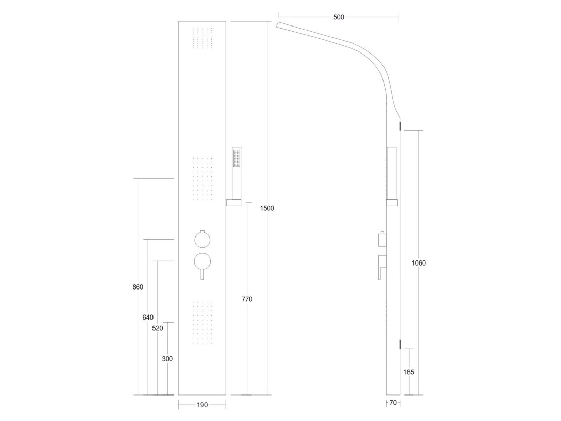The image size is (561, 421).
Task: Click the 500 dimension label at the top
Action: pos(338,17)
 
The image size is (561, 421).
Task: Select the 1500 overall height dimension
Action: pos(267,208)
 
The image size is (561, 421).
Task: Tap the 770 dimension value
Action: pos(247,299)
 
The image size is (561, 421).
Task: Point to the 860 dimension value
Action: pos(138,287)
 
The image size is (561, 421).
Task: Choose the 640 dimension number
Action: pos(148,317)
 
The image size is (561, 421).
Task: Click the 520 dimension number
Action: pos(158,328)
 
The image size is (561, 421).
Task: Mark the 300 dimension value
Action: pos(167,359)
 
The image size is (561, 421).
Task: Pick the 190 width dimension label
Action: pos(202,405)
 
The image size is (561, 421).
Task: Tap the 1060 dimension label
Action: pos(419,263)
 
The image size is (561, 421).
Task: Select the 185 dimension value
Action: pos(409,372)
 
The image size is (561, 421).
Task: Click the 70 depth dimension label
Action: pos(393,403)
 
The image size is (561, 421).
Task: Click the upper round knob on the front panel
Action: pos(202,239)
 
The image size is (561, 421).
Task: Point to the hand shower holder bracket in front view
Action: pos(234,203)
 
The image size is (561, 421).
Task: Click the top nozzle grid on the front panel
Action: pos(202,38)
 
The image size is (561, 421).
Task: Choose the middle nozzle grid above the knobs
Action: pos(202,178)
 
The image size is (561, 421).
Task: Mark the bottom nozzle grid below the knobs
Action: pos(202,323)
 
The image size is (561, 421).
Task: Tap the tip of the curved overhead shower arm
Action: pos(277,25)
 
